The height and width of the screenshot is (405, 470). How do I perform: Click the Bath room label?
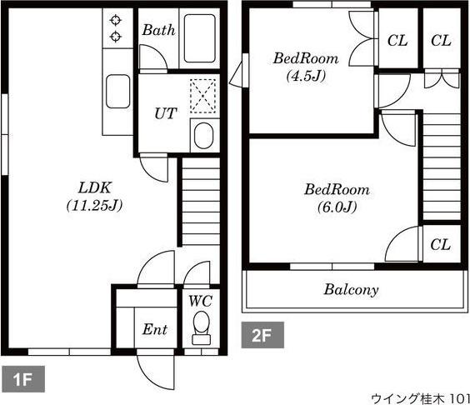158,30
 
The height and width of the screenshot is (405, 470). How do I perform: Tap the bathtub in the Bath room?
200,38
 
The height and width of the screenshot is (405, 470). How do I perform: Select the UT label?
166,113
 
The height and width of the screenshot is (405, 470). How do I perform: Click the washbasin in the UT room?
204,136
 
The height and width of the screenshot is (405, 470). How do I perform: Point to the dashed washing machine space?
203,96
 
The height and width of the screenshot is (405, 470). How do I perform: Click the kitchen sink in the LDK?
117,92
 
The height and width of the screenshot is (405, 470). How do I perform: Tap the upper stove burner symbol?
115,21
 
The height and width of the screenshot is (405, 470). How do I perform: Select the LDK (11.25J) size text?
95,206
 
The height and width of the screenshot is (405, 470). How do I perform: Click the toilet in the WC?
201,328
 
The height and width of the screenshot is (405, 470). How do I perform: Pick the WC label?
201,301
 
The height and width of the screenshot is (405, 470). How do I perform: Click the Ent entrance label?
155,329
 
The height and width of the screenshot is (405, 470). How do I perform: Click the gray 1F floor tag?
23,379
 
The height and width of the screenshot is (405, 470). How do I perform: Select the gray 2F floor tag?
262,335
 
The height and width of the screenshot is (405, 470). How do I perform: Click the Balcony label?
351,290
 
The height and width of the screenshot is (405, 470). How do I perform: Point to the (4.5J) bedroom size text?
306,76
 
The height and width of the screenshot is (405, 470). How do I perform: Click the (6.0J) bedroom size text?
337,207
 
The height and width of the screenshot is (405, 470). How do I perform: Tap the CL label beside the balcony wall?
441,245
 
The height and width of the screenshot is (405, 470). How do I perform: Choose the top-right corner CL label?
441,41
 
